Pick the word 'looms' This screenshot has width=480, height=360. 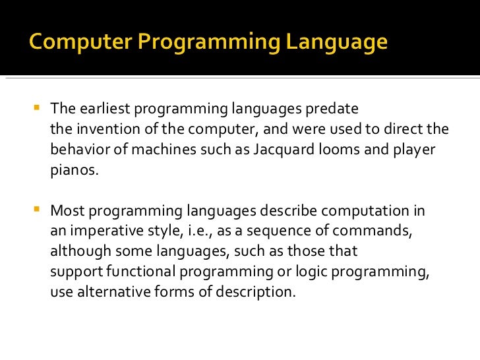click(335, 149)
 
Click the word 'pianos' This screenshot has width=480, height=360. click(73, 169)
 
